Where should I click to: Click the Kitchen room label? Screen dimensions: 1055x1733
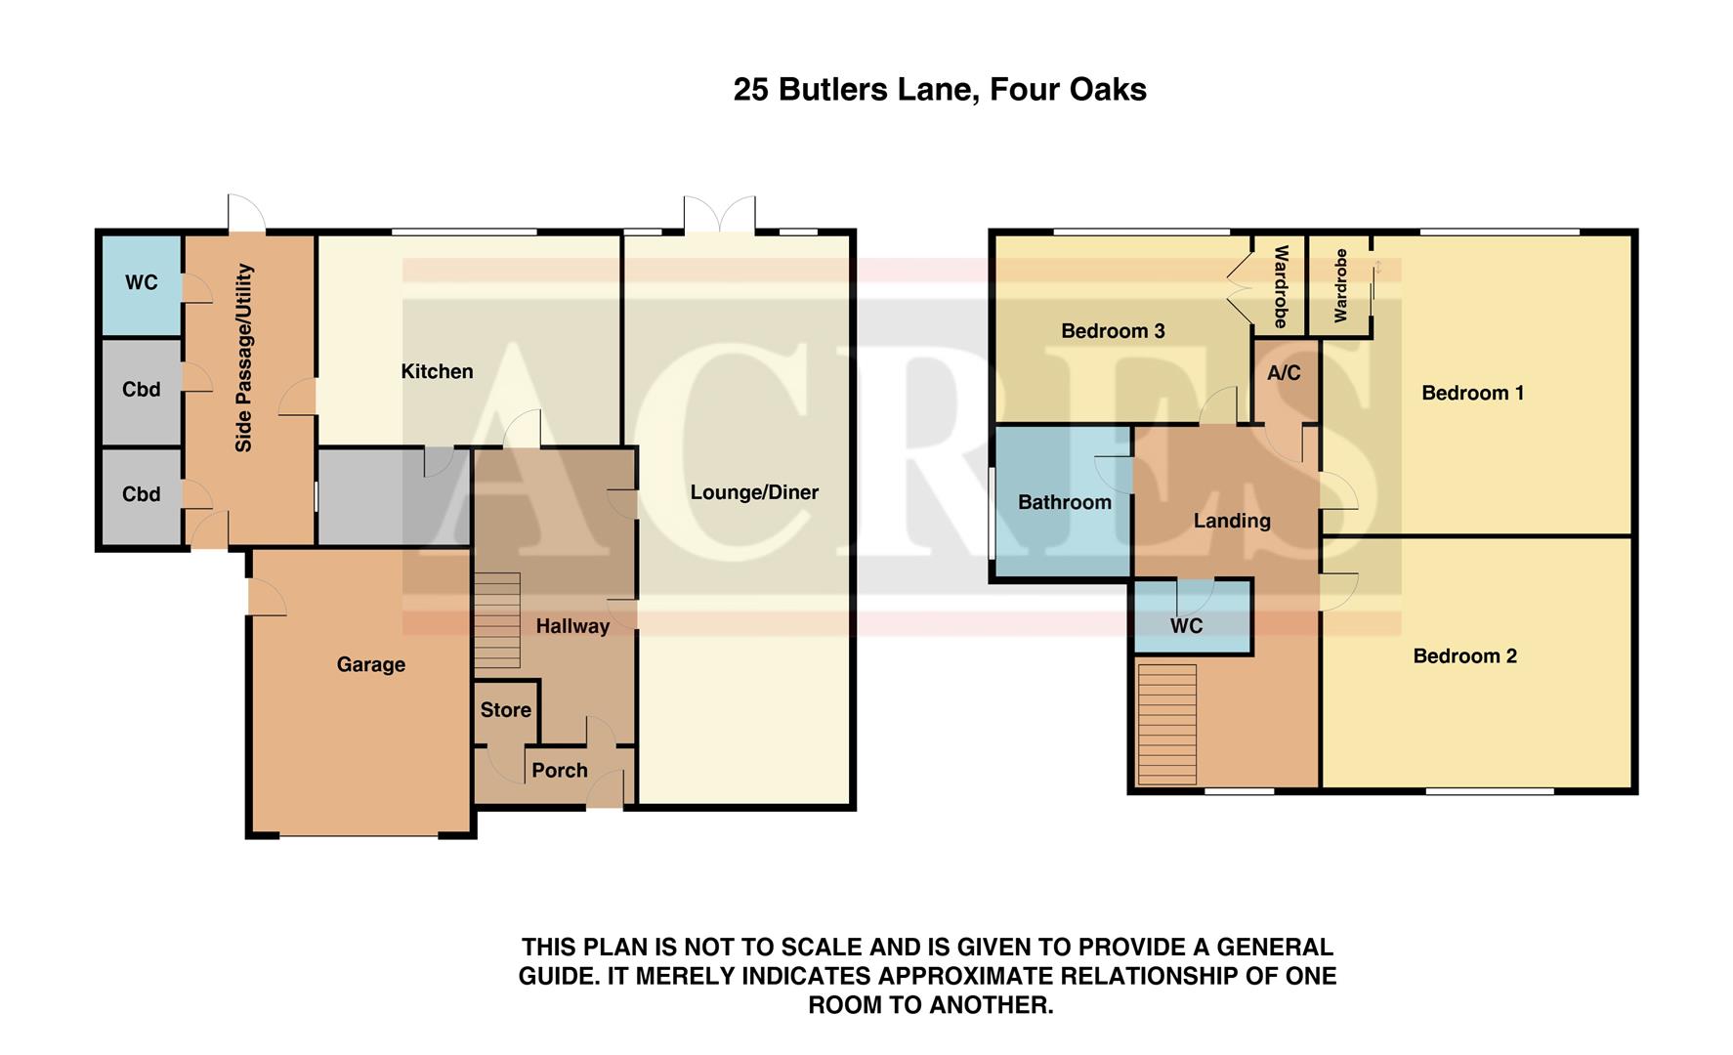pyautogui.click(x=437, y=371)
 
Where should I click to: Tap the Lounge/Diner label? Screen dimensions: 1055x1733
pyautogui.click(x=754, y=492)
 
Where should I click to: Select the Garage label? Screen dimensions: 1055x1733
pyautogui.click(x=370, y=664)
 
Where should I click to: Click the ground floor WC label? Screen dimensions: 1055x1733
pyautogui.click(x=141, y=282)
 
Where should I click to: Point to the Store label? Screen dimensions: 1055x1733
pyautogui.click(x=505, y=710)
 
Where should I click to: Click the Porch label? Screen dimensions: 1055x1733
pyautogui.click(x=559, y=770)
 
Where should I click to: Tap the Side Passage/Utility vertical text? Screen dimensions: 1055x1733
pyautogui.click(x=244, y=358)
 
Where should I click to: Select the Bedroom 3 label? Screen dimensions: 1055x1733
pyautogui.click(x=1113, y=331)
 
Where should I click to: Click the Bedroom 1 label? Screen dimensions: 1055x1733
pyautogui.click(x=1472, y=393)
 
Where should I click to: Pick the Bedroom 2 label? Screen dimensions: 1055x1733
pyautogui.click(x=1464, y=655)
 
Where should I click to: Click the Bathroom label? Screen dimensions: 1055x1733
pyautogui.click(x=1064, y=502)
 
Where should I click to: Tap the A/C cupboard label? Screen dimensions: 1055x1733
pyautogui.click(x=1284, y=372)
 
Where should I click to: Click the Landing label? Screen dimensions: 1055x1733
pyautogui.click(x=1232, y=521)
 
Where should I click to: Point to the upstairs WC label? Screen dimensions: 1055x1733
pyautogui.click(x=1186, y=625)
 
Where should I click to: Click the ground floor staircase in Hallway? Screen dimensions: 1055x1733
pyautogui.click(x=497, y=620)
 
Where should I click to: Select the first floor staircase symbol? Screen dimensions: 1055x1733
pyautogui.click(x=1167, y=724)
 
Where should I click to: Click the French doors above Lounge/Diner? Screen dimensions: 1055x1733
pyautogui.click(x=720, y=216)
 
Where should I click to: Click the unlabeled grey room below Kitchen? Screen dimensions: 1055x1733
pyautogui.click(x=381, y=497)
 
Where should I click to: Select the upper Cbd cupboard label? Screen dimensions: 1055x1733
pyautogui.click(x=141, y=390)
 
